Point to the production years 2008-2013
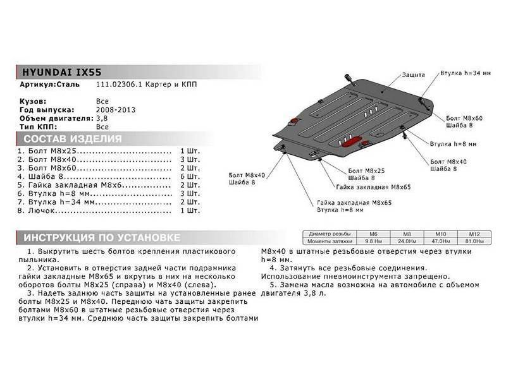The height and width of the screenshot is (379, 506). pos(116,109)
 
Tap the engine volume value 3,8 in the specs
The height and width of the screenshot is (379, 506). pos(101,118)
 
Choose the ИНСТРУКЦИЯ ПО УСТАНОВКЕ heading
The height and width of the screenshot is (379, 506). pos(101,238)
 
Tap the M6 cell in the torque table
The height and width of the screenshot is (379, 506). pos(372,234)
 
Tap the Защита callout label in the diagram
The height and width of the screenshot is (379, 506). pos(413,75)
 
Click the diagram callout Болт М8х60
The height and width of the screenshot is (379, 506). pos(464,118)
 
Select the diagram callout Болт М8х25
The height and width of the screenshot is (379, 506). pos(366,171)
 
